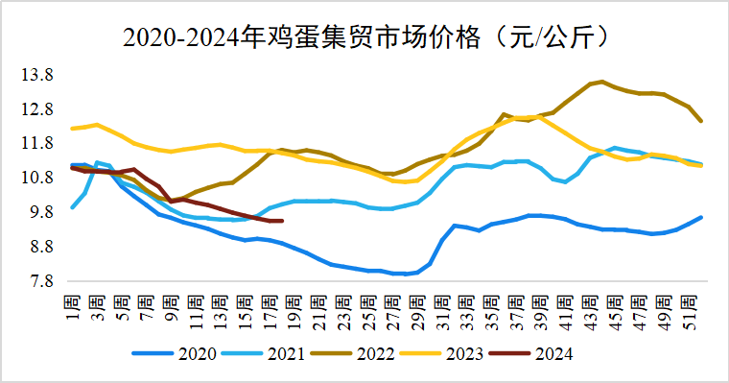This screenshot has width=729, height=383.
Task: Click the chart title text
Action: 364,37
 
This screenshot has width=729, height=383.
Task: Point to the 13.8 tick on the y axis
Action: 37,75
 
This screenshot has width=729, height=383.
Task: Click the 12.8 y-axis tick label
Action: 37,109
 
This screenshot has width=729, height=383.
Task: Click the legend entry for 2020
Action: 181,353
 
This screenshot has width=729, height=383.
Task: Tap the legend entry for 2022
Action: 362,353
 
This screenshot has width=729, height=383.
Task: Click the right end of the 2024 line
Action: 281,221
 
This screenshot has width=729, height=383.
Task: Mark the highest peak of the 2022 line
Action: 601,82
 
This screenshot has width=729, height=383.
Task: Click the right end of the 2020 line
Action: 701,217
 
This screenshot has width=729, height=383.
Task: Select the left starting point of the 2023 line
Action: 73,128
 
